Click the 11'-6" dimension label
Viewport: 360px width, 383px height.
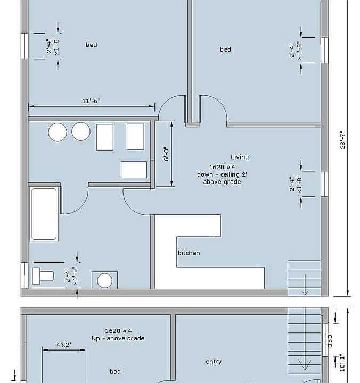pyautogui.click(x=91, y=101)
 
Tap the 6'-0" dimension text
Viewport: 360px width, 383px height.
pyautogui.click(x=166, y=154)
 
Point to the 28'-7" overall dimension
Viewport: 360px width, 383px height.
pyautogui.click(x=342, y=140)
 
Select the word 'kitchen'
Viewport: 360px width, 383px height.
pyautogui.click(x=189, y=253)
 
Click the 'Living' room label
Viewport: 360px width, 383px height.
pyautogui.click(x=240, y=157)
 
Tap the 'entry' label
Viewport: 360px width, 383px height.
pyautogui.click(x=214, y=362)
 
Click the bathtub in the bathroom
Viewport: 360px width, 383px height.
pyautogui.click(x=44, y=214)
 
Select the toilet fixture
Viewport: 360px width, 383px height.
pyautogui.click(x=43, y=276)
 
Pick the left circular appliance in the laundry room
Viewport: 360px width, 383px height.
pyautogui.click(x=58, y=132)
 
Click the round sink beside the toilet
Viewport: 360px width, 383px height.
pyautogui.click(x=105, y=280)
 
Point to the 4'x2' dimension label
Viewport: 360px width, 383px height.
pyautogui.click(x=64, y=344)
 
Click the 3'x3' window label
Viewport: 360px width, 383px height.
pyautogui.click(x=330, y=340)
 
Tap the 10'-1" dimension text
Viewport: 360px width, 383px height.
pyautogui.click(x=342, y=363)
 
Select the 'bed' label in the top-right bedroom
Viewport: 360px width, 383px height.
pyautogui.click(x=225, y=49)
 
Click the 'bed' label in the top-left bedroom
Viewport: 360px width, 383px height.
pyautogui.click(x=91, y=45)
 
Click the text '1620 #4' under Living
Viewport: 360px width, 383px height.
pyautogui.click(x=222, y=167)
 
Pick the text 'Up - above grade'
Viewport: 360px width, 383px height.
pyautogui.click(x=118, y=338)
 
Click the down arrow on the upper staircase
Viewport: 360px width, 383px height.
pyautogui.click(x=305, y=285)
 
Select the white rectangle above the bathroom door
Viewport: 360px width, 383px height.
pyautogui.click(x=134, y=170)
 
